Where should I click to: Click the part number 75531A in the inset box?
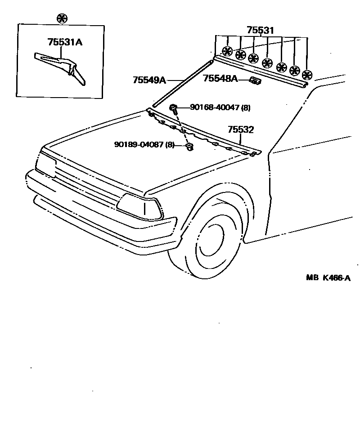pos(65,43)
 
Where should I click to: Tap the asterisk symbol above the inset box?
pos(62,18)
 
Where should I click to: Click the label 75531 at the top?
pos(260,31)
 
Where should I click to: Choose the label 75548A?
pos(220,79)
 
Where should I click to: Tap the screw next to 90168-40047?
pos(173,107)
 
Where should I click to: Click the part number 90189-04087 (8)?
pos(144,144)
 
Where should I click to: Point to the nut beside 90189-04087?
pos(189,146)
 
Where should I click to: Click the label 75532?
pos(241,130)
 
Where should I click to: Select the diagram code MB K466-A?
pos(328,277)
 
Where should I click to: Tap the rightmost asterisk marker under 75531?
pos(307,75)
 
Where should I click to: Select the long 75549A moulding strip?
pos(180,85)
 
